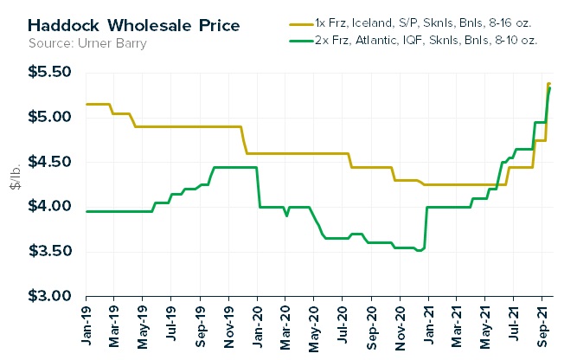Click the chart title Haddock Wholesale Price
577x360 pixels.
[112, 23]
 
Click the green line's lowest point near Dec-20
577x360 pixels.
[419, 251]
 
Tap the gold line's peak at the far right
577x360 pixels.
[548, 84]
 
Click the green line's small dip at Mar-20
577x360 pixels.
[286, 215]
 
